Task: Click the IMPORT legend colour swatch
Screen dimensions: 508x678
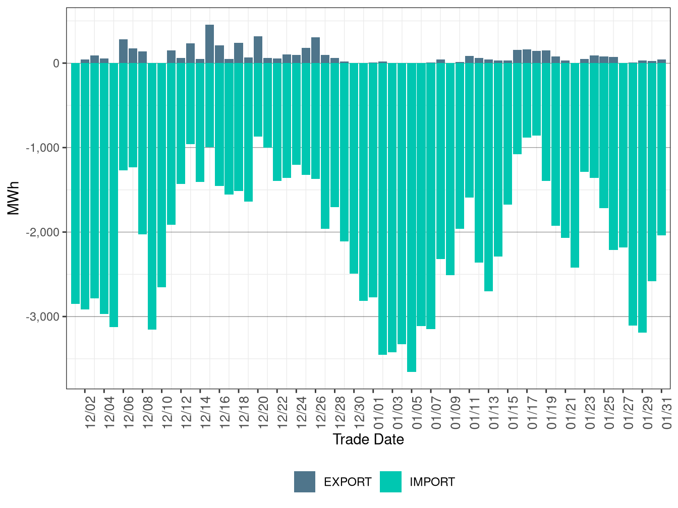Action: (x=391, y=482)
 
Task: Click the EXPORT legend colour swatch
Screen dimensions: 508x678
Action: (x=305, y=482)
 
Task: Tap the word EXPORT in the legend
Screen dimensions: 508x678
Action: (x=348, y=482)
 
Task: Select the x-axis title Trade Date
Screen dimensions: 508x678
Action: (x=368, y=439)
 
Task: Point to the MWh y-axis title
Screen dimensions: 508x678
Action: (x=14, y=198)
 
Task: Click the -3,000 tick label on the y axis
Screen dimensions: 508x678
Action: (x=42, y=317)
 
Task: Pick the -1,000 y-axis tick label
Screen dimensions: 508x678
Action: (x=42, y=148)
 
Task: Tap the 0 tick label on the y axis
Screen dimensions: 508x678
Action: (x=56, y=63)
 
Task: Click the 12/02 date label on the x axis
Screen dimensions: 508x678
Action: (x=90, y=413)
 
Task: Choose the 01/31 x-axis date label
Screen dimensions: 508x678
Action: (x=667, y=413)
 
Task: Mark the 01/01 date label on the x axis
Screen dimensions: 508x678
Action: (x=378, y=413)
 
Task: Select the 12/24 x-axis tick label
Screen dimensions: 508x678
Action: (x=302, y=413)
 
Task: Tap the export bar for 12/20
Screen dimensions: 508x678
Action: (x=258, y=50)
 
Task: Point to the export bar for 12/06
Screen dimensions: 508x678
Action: (x=123, y=51)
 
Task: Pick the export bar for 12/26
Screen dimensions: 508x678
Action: (x=315, y=50)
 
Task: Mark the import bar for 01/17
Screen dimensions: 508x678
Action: (x=527, y=100)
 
